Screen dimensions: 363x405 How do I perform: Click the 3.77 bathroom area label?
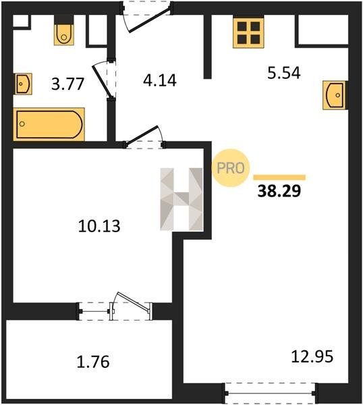pyautogui.click(x=67, y=84)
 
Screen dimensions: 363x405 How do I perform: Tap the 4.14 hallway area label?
pyautogui.click(x=160, y=80)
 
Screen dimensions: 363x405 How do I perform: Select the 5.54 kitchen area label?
pyautogui.click(x=284, y=73)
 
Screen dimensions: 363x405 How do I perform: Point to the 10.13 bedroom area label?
pyautogui.click(x=99, y=226)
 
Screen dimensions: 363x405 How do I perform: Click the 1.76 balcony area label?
pyautogui.click(x=93, y=362)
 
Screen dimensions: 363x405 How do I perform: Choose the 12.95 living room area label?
pyautogui.click(x=312, y=356)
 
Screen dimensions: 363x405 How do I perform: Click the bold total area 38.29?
pyautogui.click(x=279, y=191)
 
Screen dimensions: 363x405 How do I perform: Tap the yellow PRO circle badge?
pyautogui.click(x=231, y=168)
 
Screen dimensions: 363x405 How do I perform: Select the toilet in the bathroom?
pyautogui.click(x=64, y=30)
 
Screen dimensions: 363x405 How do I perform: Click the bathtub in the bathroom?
pyautogui.click(x=49, y=124)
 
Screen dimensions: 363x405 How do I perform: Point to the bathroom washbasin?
pyautogui.click(x=23, y=84)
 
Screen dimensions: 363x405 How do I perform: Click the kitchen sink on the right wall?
pyautogui.click(x=335, y=95)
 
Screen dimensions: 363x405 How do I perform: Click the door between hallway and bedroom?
pyautogui.click(x=142, y=136)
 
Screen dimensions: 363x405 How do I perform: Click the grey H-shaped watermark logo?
pyautogui.click(x=181, y=199)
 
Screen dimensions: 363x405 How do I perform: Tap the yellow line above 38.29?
pyautogui.click(x=279, y=177)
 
